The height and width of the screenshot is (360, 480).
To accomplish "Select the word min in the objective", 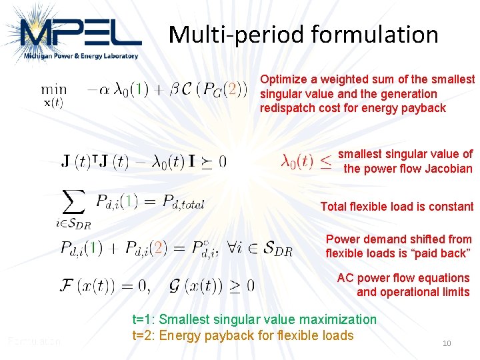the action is click(53, 89).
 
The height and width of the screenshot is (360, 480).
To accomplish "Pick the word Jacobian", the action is click(448, 169).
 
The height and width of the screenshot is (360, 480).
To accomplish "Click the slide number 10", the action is click(447, 343).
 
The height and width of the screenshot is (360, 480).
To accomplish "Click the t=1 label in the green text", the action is click(143, 320).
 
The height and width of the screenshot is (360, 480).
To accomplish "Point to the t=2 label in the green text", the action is click(143, 335).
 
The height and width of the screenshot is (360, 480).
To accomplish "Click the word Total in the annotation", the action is click(333, 207).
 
